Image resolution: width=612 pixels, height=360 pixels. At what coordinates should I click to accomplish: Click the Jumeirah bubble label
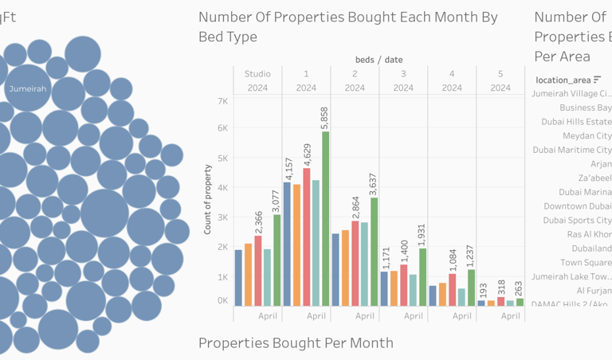[x=27, y=89]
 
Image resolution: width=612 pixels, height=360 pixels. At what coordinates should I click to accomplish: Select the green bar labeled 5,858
[x=325, y=218]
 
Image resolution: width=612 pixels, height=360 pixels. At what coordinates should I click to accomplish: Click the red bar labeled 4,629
[x=306, y=237]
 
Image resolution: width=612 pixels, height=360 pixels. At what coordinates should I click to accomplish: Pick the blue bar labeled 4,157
[x=287, y=244]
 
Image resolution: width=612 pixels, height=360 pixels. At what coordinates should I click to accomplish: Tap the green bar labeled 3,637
[x=374, y=252]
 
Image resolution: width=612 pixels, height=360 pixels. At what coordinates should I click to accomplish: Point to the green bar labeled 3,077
[x=277, y=260]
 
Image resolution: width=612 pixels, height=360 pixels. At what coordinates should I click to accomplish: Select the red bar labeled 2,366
[x=257, y=271]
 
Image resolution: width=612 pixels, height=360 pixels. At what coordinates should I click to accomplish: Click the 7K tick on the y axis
[x=220, y=101]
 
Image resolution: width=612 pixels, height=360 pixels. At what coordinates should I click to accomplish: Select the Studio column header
[x=257, y=74]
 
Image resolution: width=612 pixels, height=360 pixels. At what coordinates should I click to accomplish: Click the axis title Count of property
[x=207, y=199]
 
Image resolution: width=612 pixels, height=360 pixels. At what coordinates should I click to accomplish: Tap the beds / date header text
[x=379, y=60]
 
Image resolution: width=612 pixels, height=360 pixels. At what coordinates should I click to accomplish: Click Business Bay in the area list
[x=585, y=108]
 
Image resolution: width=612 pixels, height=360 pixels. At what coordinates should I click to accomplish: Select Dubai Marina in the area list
[x=585, y=192]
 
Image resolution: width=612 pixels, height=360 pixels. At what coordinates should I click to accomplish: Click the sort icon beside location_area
[x=598, y=80]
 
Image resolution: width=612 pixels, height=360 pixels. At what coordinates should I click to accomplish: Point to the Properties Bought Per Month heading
[x=296, y=343]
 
